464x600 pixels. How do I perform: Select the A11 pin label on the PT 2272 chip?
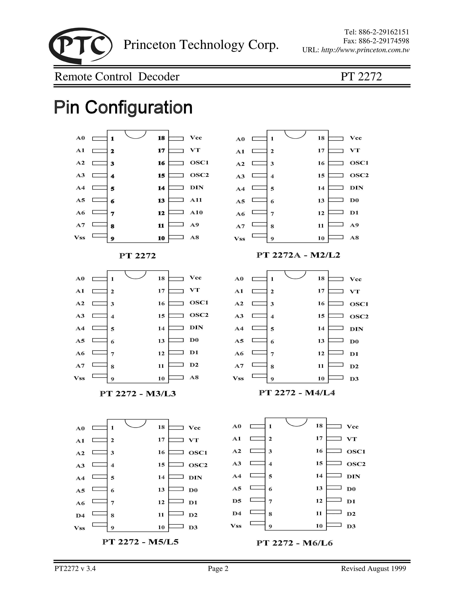pos(196,200)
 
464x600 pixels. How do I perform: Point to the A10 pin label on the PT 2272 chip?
pos(196,212)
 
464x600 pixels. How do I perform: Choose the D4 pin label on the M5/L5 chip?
pos(80,515)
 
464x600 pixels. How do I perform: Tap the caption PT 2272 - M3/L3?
pos(137,394)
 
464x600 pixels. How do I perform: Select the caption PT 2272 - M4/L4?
pos(297,393)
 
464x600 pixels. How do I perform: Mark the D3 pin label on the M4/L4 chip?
pos(354,379)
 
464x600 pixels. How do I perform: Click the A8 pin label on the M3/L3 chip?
pos(194,377)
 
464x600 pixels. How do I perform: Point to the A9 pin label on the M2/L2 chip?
pos(354,225)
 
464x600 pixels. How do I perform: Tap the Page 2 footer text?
pos(218,568)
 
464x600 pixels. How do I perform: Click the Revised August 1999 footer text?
pos(373,568)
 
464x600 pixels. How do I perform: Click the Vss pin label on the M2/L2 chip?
pos(239,239)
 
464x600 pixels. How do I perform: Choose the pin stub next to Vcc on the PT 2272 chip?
pos(176,139)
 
